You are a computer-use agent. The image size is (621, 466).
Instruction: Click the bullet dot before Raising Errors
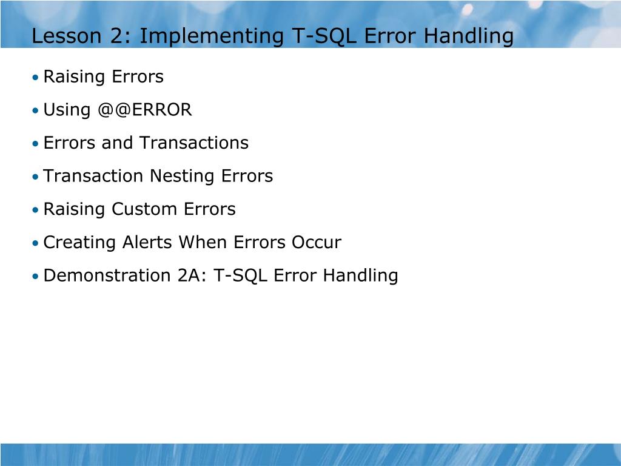coord(36,78)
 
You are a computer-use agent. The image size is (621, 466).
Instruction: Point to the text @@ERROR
coord(144,110)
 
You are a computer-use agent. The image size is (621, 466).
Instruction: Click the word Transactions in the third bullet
coord(194,143)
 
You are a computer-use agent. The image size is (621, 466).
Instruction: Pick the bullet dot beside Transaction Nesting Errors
coord(36,177)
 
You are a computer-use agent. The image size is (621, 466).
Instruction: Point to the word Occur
coord(317,243)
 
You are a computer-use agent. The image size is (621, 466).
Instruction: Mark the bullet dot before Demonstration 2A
coord(36,277)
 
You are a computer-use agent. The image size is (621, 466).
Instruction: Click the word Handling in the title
coord(468,36)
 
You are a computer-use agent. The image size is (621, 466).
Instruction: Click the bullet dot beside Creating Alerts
coord(36,243)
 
